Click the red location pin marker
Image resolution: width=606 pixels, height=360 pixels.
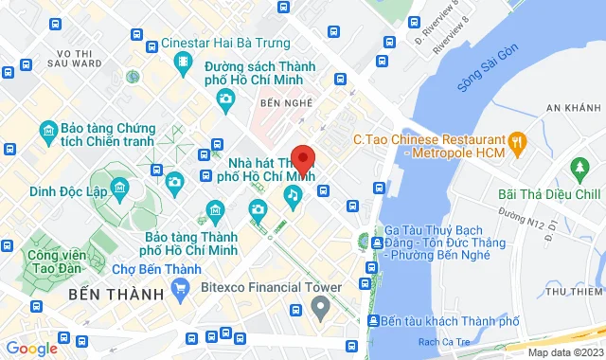(303, 158)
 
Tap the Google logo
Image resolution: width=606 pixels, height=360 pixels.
(31, 348)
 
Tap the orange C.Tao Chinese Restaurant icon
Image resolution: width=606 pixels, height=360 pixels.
(517, 143)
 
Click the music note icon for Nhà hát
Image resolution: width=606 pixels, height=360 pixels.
(294, 196)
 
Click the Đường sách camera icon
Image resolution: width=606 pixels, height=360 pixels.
(225, 99)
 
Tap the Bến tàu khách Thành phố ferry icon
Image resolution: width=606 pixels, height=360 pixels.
(376, 321)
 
